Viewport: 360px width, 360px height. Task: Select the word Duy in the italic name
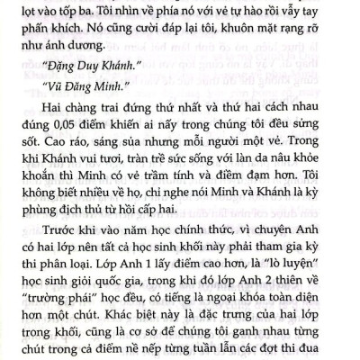coord(87,93)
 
